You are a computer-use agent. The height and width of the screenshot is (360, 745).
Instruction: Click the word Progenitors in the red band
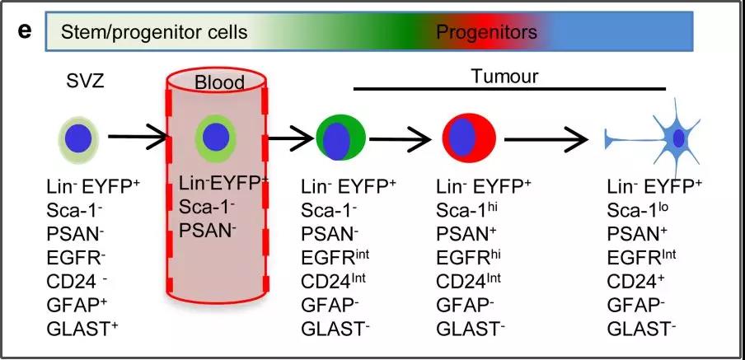pos(486,33)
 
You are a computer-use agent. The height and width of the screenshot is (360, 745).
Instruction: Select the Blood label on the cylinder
pos(219,83)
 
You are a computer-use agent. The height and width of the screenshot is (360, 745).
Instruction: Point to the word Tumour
pos(504,77)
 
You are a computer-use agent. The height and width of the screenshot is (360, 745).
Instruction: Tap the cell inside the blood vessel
pos(216,138)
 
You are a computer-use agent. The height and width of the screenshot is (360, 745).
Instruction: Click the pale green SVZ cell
pos(79,137)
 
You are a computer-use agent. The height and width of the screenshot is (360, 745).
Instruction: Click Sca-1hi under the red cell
pos(473,209)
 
